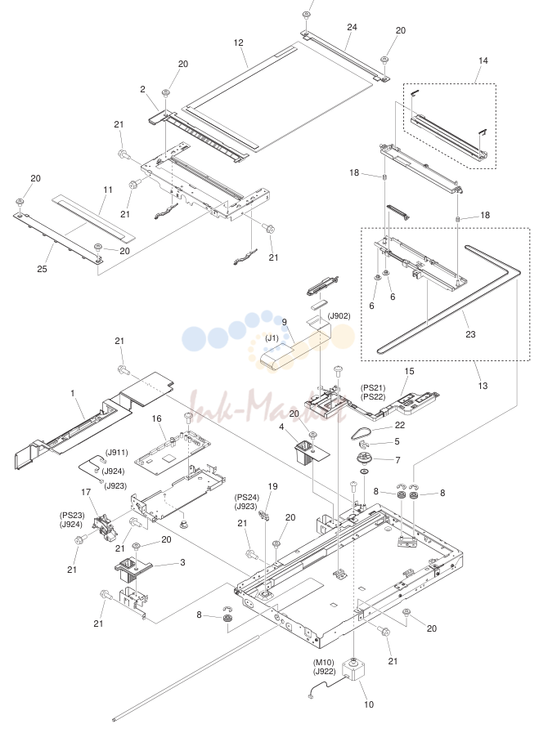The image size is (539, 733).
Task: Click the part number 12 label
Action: click(x=238, y=42)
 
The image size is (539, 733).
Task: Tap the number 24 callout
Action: click(x=352, y=27)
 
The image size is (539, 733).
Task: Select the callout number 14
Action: click(x=483, y=60)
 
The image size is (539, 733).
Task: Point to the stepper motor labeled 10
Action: click(x=353, y=669)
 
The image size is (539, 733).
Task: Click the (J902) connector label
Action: click(x=339, y=316)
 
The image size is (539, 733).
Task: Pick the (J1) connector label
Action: click(x=272, y=338)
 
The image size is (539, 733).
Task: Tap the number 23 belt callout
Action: click(x=470, y=333)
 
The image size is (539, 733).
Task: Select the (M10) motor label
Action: click(x=324, y=663)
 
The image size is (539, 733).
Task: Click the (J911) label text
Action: click(x=116, y=453)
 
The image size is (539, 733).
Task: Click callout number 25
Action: click(x=42, y=269)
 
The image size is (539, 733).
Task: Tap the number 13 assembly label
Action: click(x=483, y=386)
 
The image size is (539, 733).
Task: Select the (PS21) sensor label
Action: click(x=373, y=388)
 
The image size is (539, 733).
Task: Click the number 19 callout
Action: click(x=273, y=486)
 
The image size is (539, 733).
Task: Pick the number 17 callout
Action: click(x=86, y=492)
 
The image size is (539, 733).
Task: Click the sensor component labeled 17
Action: click(x=104, y=528)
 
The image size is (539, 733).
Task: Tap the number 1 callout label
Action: click(x=73, y=393)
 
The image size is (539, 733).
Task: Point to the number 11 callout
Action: click(x=108, y=190)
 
